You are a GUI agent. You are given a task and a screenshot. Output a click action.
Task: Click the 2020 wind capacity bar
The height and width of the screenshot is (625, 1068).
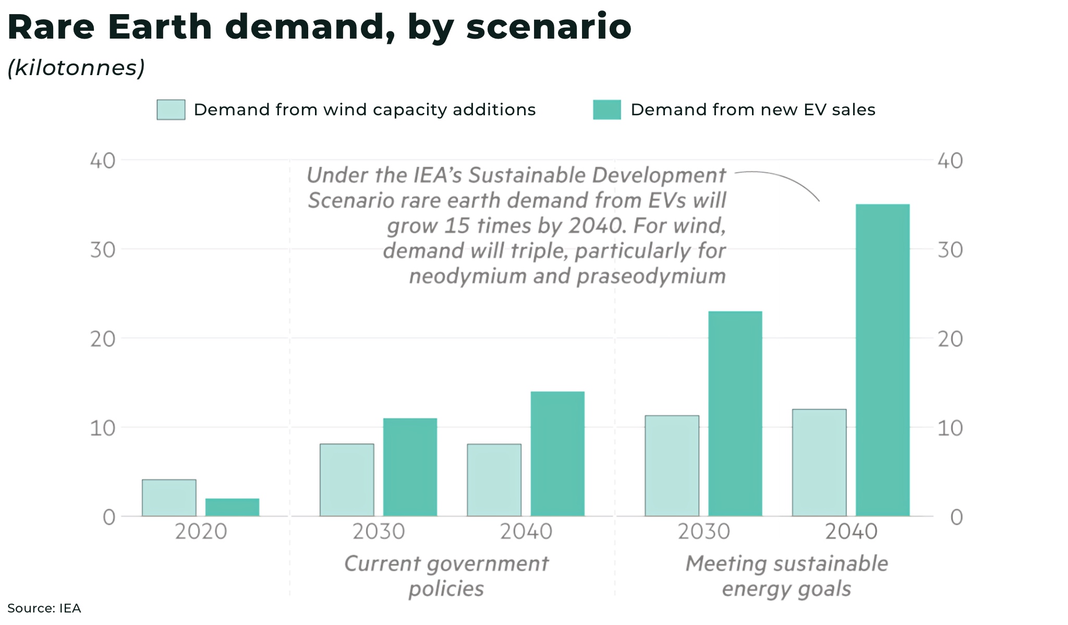point(169,498)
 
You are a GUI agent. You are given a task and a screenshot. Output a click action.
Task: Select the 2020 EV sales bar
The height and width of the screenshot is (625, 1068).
point(232,507)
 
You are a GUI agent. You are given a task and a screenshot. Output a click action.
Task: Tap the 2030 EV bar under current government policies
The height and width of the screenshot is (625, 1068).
point(410,467)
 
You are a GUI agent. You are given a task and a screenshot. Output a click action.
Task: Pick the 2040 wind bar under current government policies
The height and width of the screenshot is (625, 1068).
point(494,480)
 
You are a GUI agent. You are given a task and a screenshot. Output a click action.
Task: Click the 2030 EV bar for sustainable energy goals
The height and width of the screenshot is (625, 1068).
point(735,414)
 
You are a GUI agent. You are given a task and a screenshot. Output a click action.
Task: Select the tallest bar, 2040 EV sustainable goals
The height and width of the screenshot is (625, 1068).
point(882,360)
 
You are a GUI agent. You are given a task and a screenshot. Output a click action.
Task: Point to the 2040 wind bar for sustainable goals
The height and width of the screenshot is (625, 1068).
point(819,463)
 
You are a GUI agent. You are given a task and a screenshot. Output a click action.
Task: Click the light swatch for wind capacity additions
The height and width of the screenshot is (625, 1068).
point(171,110)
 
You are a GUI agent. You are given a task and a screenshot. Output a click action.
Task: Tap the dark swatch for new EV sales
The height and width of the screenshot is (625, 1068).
point(607,110)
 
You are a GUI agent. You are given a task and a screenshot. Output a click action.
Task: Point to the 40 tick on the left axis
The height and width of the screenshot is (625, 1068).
point(103,161)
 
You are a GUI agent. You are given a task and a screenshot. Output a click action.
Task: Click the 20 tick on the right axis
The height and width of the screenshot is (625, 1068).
point(950,339)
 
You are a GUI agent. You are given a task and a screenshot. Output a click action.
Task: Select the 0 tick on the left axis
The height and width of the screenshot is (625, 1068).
point(109,517)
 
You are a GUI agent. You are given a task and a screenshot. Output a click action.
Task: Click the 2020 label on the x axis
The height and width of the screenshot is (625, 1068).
point(201,532)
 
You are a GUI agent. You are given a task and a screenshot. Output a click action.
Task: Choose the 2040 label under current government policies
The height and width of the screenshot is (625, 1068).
point(526,532)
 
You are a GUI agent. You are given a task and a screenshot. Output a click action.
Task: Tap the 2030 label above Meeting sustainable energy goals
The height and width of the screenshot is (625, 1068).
point(704,532)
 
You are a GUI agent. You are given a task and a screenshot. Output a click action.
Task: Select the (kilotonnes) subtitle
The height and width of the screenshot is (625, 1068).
point(76,68)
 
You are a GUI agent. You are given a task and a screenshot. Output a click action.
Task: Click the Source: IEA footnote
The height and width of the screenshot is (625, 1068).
point(44,608)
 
